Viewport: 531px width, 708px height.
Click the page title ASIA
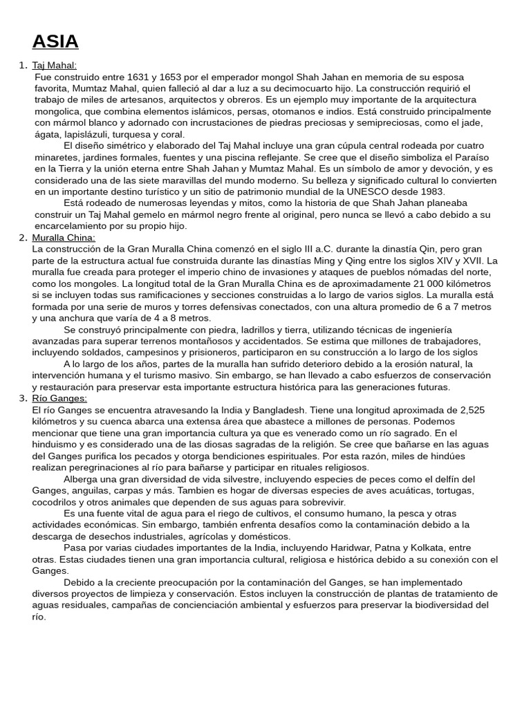coord(55,41)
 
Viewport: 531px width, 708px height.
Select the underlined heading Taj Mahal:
coord(55,65)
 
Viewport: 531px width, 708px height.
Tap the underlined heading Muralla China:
coord(64,238)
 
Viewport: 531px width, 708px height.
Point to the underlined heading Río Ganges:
coord(59,398)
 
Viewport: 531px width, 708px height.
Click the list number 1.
coord(22,65)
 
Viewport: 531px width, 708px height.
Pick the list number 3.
coord(22,398)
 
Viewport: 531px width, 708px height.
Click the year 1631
coord(140,77)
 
